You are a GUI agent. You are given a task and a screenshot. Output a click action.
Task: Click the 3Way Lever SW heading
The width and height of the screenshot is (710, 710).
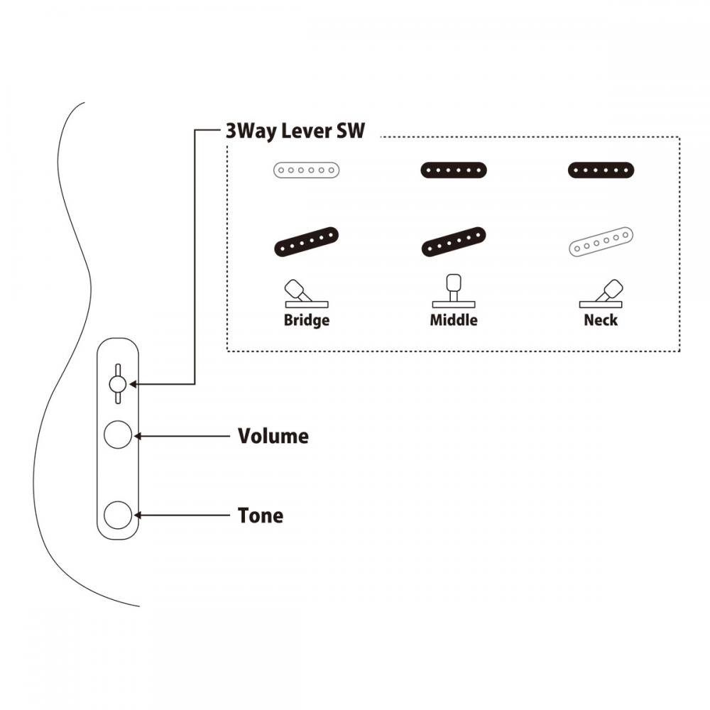tap(295, 131)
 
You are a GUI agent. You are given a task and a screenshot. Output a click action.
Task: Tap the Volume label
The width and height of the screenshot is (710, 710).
tap(273, 436)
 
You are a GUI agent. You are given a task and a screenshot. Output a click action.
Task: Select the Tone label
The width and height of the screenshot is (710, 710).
tap(261, 515)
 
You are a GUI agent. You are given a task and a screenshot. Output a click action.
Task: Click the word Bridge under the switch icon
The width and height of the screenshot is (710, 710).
tap(307, 320)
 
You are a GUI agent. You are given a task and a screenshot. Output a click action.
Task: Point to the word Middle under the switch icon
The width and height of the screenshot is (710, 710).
tap(454, 320)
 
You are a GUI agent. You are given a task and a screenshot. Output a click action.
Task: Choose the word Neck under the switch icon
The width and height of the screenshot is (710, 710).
tap(601, 320)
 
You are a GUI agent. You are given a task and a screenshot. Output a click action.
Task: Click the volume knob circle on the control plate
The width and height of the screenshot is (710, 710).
tap(118, 435)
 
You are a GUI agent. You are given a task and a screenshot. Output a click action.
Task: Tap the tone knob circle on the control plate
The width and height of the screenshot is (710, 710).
tap(118, 515)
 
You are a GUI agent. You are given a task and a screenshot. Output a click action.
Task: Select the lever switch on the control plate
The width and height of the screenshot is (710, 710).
tap(118, 384)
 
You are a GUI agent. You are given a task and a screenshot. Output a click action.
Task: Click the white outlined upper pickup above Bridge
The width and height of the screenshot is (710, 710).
tap(307, 170)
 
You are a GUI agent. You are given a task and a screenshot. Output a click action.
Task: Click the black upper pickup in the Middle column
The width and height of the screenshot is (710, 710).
tap(454, 170)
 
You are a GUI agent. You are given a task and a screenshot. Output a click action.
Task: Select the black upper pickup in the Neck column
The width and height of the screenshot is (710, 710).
tap(601, 170)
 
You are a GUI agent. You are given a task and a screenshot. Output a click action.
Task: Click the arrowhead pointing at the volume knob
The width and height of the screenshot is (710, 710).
tap(138, 435)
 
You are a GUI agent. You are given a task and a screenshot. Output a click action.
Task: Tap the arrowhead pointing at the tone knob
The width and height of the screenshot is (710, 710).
tap(138, 515)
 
